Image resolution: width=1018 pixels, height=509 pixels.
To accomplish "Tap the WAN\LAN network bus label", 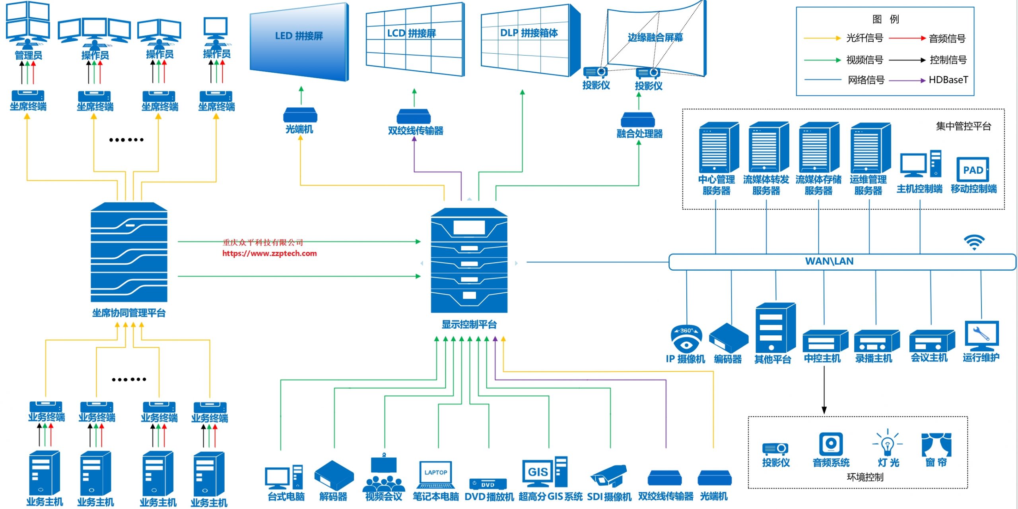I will (829, 261).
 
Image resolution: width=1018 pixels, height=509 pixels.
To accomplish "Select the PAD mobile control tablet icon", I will (973, 170).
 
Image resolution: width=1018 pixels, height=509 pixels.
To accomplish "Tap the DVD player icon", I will (488, 484).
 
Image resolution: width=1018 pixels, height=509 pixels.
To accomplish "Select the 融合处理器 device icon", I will (638, 120).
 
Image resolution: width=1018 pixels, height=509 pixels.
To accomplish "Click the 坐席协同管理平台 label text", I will (129, 313).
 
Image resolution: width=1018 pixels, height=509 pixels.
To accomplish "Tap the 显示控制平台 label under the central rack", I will (469, 325).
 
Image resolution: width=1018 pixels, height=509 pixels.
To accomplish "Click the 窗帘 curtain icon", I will (936, 445).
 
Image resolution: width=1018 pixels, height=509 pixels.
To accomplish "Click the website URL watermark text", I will (270, 254).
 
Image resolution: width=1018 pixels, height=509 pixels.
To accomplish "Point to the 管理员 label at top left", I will (28, 55).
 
